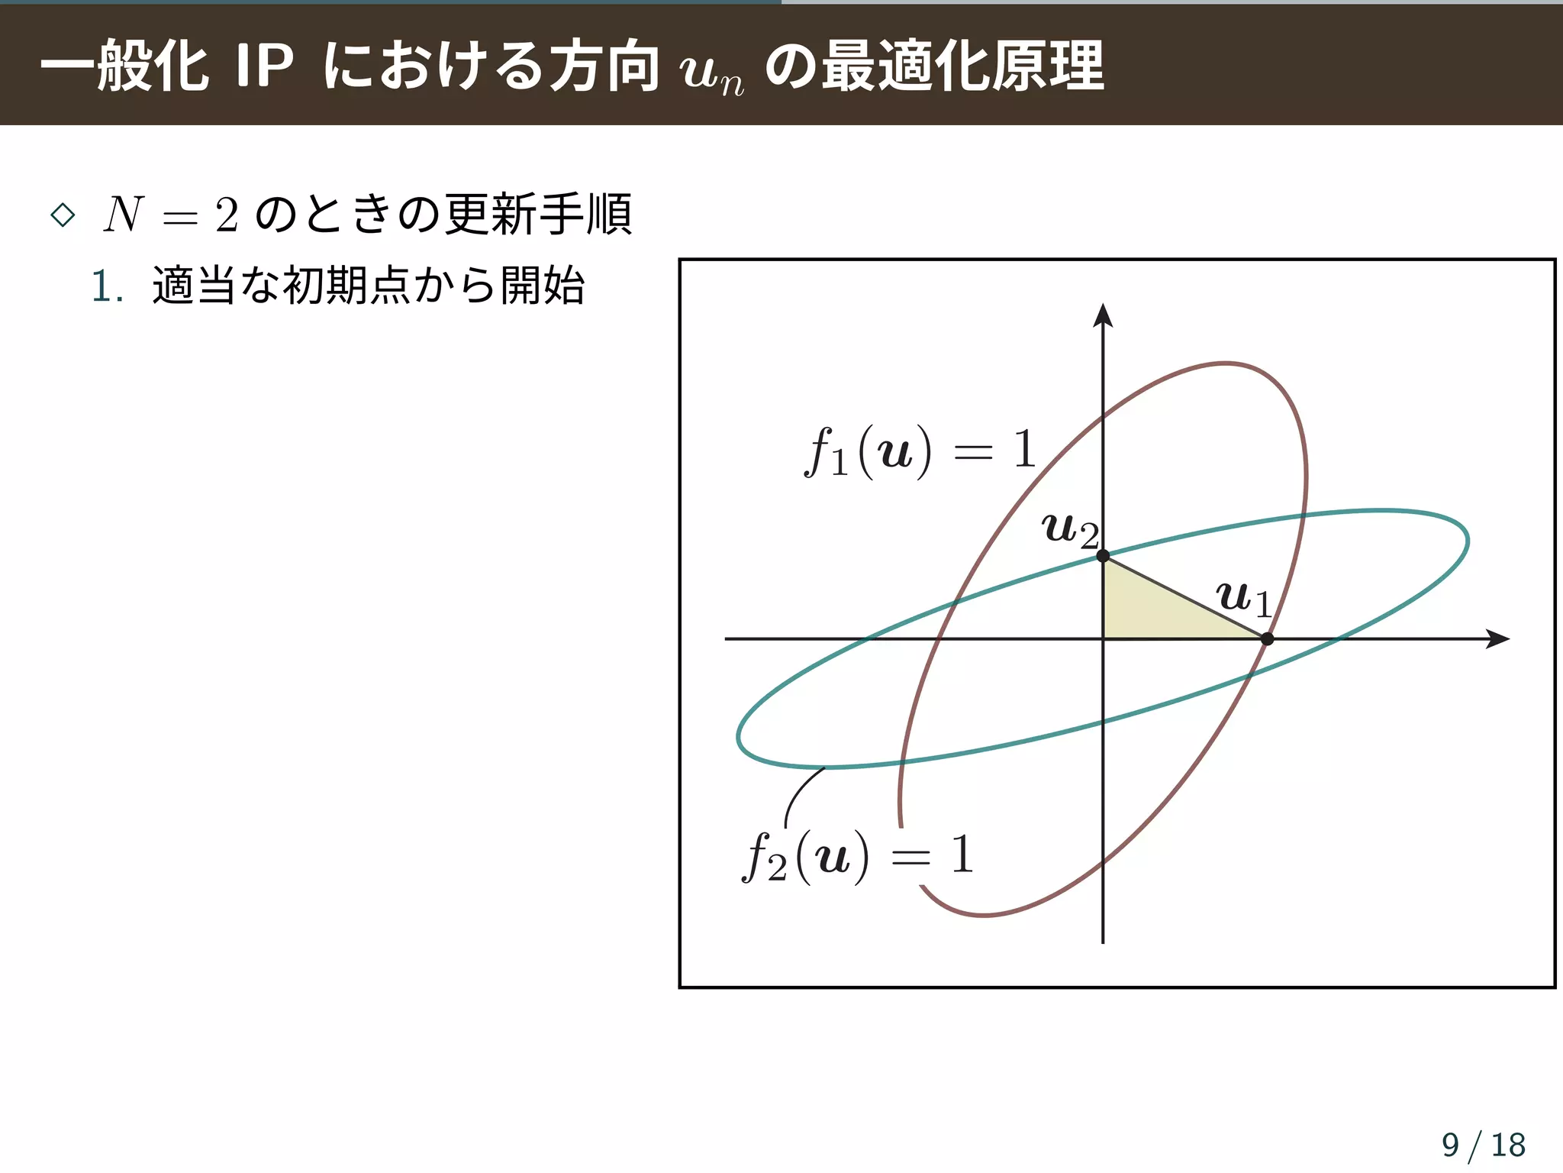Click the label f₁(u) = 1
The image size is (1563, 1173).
[x=920, y=451]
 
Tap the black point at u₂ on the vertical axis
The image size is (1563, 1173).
[x=1103, y=556]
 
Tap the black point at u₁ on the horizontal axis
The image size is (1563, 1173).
[x=1267, y=639]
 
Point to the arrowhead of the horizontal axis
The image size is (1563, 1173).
[x=1499, y=639]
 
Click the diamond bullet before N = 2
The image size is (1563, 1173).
[x=63, y=215]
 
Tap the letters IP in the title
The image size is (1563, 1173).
[x=264, y=66]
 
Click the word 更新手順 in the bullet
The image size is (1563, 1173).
[x=539, y=214]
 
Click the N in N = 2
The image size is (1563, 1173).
[x=124, y=215]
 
